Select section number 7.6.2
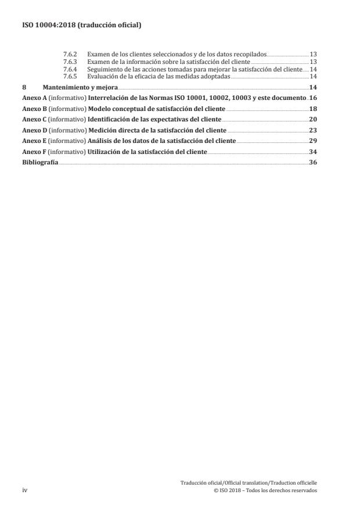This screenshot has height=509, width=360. pos(70,54)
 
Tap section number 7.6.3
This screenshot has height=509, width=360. pos(70,62)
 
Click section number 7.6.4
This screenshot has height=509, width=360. pos(70,69)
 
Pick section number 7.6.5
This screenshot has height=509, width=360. pos(70,77)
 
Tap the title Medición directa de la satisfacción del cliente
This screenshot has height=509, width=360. pos(157,130)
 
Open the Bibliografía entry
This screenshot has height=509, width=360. pos(40,163)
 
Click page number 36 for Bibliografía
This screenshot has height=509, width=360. pos(312,163)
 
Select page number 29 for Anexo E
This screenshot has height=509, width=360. pos(312,141)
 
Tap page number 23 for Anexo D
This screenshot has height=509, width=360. pos(312,130)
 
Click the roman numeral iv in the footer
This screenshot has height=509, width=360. pos(25,490)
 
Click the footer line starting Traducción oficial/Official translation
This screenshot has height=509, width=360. pos(249,483)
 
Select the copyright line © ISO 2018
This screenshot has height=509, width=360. pos(265,490)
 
